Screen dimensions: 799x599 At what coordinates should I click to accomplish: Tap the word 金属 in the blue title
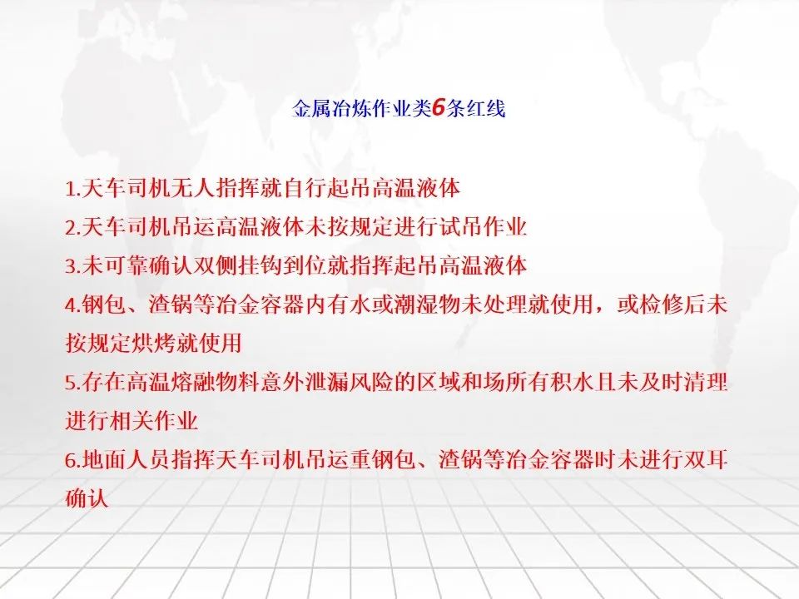(311, 108)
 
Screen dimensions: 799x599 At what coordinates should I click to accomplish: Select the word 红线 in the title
(486, 108)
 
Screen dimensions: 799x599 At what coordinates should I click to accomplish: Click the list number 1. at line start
(73, 189)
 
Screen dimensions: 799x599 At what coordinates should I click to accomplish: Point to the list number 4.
(73, 305)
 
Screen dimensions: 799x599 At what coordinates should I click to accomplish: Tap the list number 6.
(73, 460)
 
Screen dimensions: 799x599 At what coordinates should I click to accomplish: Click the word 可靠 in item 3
(127, 265)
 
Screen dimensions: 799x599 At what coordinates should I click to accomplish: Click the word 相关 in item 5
(131, 421)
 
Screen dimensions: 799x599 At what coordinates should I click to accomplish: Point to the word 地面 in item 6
(104, 460)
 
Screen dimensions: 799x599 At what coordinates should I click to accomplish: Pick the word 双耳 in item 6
(705, 460)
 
